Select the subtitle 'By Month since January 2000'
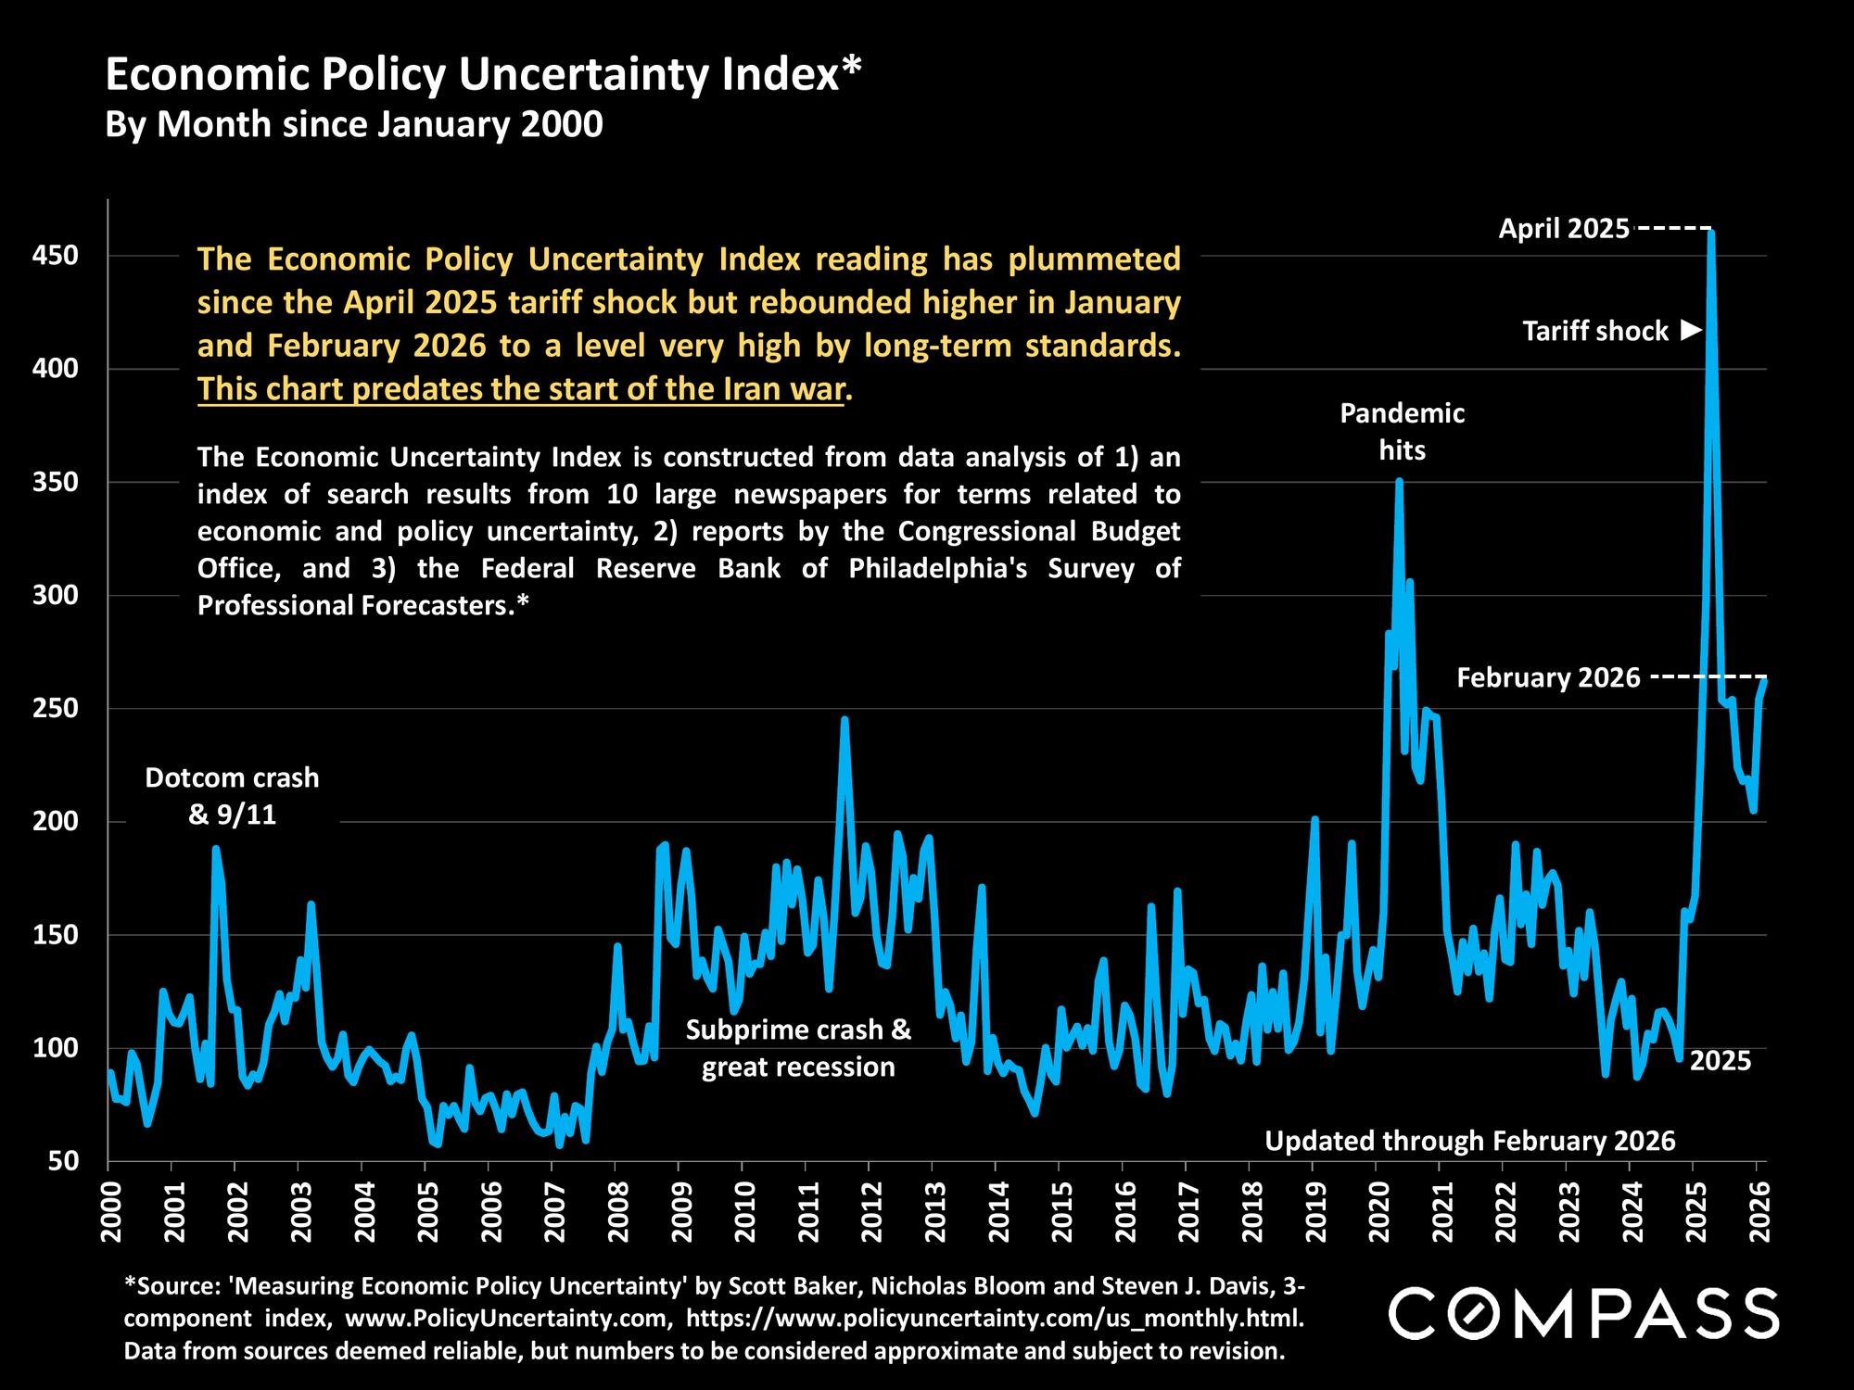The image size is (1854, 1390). [354, 124]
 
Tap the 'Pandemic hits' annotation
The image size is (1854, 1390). [1402, 432]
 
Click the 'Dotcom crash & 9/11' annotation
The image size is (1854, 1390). [232, 796]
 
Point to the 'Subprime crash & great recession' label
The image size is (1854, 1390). [798, 1048]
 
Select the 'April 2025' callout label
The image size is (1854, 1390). [1564, 229]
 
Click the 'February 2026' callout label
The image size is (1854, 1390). [1548, 678]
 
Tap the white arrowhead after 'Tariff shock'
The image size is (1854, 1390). [1691, 330]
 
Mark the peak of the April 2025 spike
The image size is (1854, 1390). [1710, 234]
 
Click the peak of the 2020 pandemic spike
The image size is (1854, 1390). [1399, 481]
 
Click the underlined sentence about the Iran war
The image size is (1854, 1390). [521, 389]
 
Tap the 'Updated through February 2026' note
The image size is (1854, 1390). [1470, 1141]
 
